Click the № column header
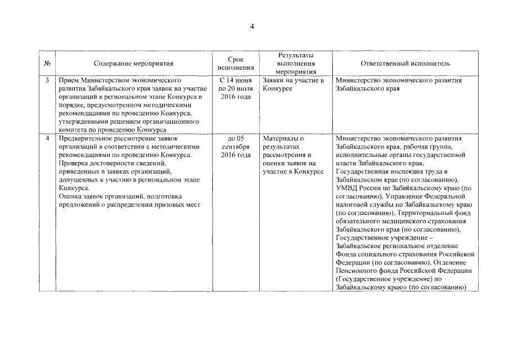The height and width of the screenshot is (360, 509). coord(47,64)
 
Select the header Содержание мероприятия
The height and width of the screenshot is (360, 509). coord(134,64)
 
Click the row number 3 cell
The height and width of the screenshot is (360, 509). coord(47,80)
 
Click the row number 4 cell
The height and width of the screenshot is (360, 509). coord(47,138)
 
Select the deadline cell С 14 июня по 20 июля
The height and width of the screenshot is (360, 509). coord(236,89)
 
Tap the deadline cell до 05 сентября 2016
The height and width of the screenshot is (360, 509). coord(236,147)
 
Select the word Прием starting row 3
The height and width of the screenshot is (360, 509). coord(69,80)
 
